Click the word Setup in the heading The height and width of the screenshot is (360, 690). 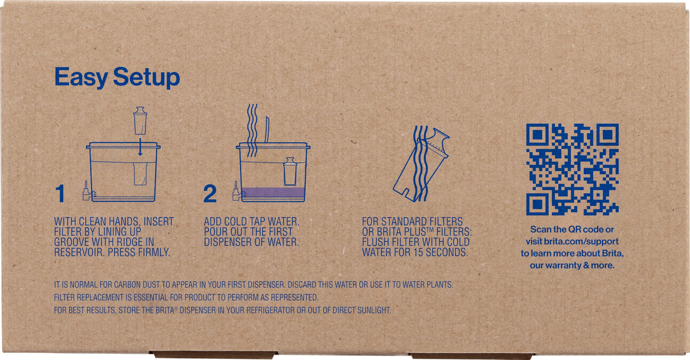pos(147,78)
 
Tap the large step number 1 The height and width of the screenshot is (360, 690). pos(60,194)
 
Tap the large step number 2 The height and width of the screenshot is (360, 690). pos(210,194)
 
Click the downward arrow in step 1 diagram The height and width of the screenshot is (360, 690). pos(140,147)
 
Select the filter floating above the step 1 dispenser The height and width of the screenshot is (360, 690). pos(140,120)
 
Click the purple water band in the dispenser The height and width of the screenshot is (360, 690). pos(273,192)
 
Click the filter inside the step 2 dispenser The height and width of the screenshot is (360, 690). pos(290,171)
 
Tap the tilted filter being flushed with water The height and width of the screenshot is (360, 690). pos(421,165)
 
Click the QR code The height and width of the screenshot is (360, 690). pos(573,169)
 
